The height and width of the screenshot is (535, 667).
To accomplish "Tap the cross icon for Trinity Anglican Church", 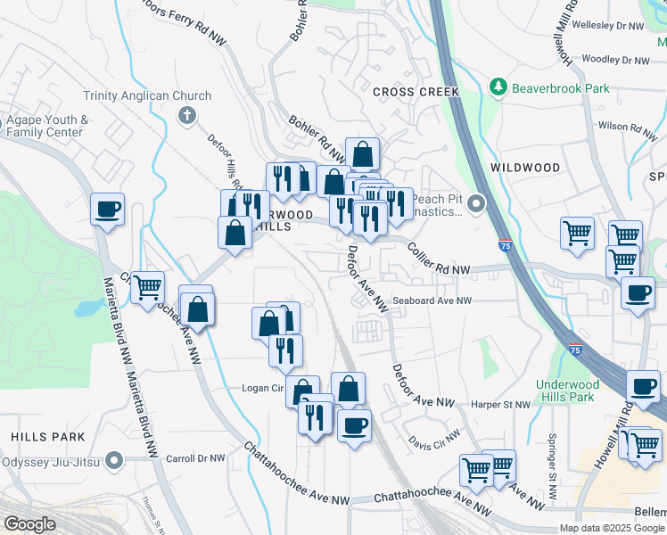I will point(187,115).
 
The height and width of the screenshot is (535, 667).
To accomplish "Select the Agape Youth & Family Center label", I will point(47,126).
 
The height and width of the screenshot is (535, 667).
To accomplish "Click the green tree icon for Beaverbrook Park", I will point(498,88).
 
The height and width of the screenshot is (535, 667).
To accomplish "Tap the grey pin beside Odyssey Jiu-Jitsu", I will point(113,460).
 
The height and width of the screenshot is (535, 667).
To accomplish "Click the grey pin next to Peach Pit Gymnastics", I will point(476,205).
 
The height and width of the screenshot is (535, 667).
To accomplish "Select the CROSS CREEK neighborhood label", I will point(416,92).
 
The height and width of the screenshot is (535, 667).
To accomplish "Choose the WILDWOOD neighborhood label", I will point(525,168).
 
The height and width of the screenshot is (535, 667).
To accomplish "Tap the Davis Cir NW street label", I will point(434,439).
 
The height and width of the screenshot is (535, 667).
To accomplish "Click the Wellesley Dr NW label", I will point(609,27).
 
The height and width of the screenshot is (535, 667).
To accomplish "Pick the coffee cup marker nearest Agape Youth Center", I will point(107,210).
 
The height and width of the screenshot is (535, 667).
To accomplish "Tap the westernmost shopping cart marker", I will point(147,287).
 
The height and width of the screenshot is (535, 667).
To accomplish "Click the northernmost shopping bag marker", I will point(363,153).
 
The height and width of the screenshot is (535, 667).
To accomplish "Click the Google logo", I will point(30,524).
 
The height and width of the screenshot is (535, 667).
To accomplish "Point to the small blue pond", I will point(87,309).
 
